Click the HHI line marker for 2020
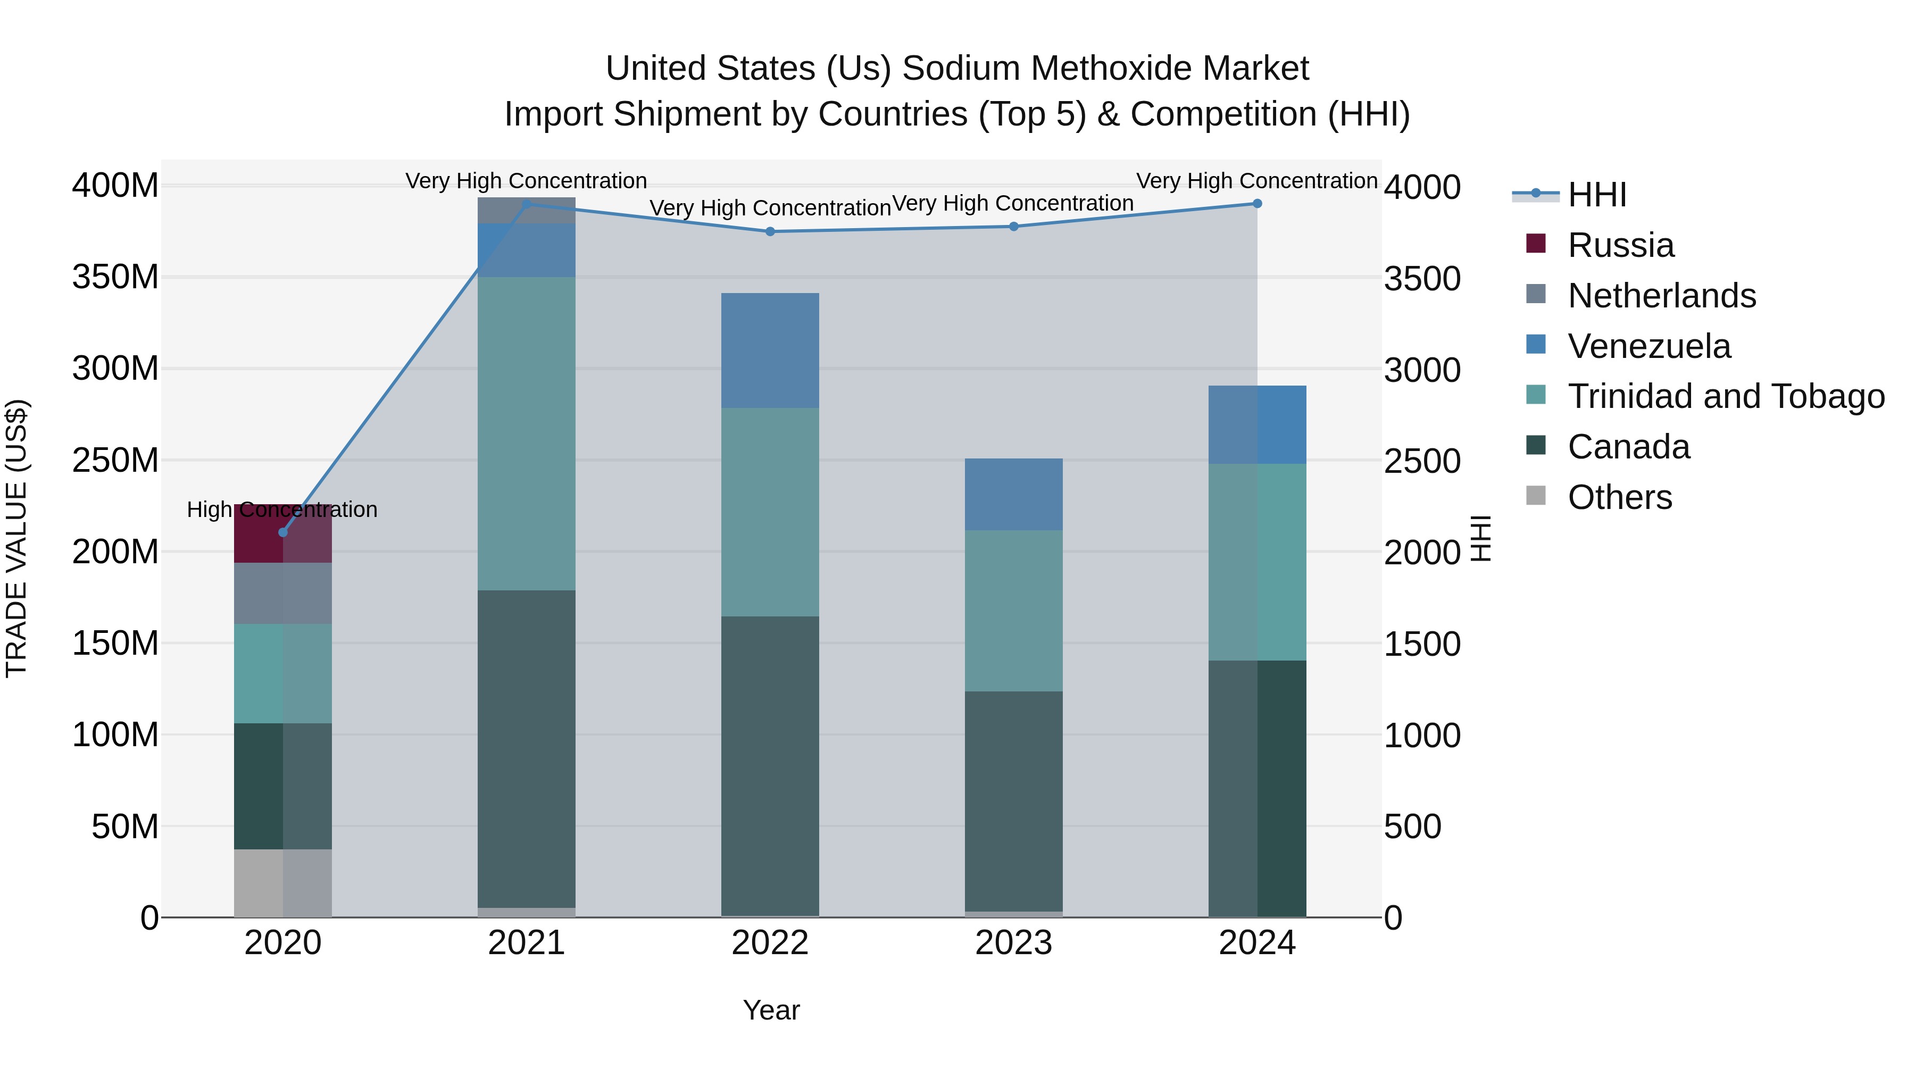tap(282, 532)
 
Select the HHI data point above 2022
tap(770, 232)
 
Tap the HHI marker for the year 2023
tap(1014, 227)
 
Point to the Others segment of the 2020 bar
tap(282, 882)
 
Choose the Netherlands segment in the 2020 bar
tap(282, 593)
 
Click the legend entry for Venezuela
tap(1649, 346)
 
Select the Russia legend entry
tap(1621, 245)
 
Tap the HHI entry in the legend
tap(1597, 195)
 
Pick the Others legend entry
tap(1619, 497)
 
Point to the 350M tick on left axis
tap(115, 277)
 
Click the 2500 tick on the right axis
tap(1422, 461)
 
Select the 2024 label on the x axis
tap(1257, 943)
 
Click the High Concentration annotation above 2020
tap(282, 510)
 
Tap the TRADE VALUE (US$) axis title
tap(16, 538)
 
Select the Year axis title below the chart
tap(771, 1010)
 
